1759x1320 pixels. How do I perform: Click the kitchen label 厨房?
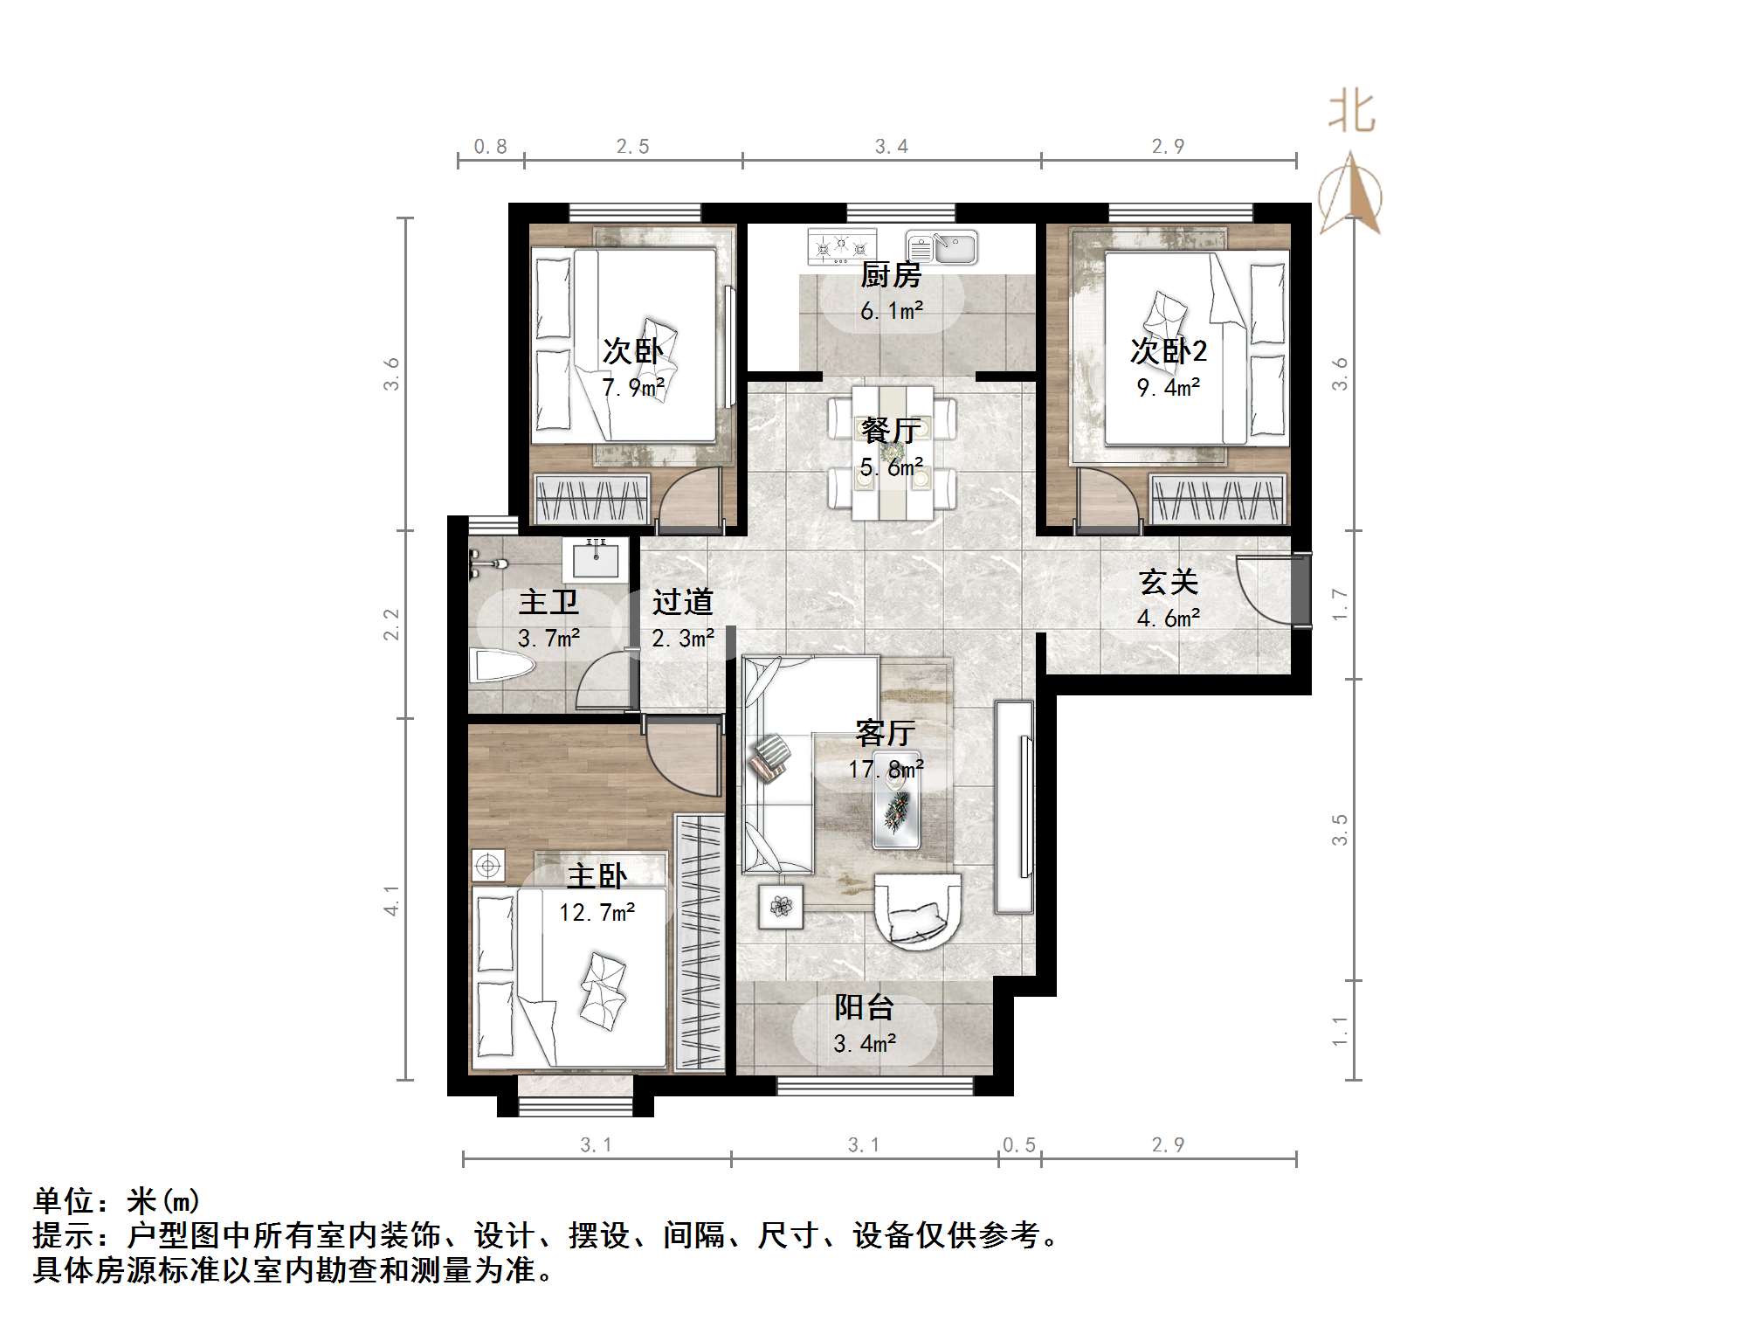[891, 275]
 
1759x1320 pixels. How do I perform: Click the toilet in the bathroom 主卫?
[500, 666]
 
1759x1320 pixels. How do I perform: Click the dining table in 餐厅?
[892, 453]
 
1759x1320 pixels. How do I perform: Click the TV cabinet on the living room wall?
[1014, 808]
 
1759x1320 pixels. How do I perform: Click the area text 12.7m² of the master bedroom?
[597, 913]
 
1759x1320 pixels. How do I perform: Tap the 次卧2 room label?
[1169, 351]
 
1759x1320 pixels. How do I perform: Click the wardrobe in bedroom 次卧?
[592, 501]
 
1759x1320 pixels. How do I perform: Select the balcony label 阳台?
[864, 1007]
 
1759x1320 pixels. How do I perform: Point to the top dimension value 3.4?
[892, 147]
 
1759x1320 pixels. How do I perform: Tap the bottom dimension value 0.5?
[1018, 1144]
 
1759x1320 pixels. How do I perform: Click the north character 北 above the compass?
[1351, 113]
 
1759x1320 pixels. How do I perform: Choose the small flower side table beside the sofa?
[781, 906]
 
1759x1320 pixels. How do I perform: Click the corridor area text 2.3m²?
[683, 639]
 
